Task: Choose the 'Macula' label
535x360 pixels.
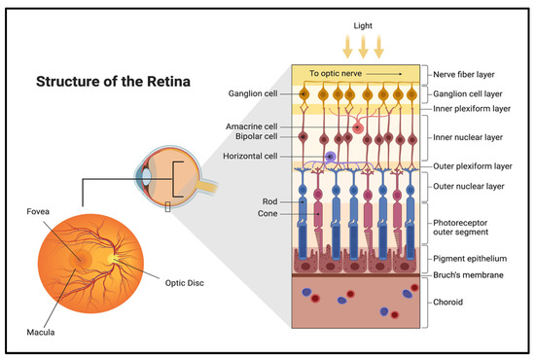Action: (x=43, y=333)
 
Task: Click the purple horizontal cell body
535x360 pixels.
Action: (x=332, y=157)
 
